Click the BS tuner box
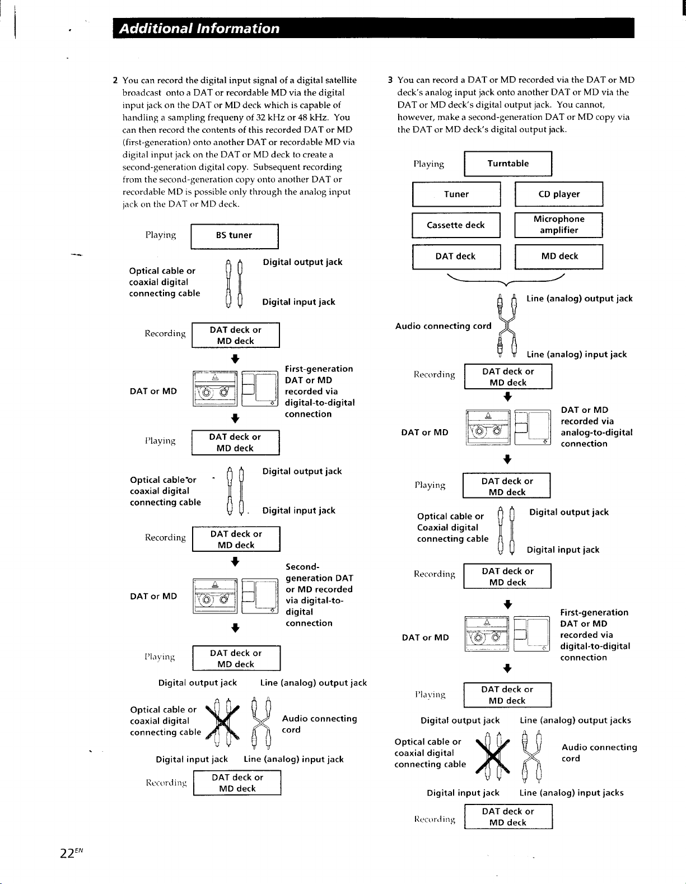click(x=235, y=236)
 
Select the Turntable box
click(x=508, y=164)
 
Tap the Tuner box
click(x=456, y=194)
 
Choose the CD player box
click(x=559, y=194)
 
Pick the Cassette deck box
click(x=456, y=225)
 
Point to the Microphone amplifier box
click(x=559, y=225)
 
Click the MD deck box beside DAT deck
click(x=559, y=256)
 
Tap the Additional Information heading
click(x=199, y=29)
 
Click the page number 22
click(x=67, y=853)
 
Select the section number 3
click(x=390, y=80)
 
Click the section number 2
click(x=115, y=80)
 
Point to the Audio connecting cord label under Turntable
click(x=443, y=326)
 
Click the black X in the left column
click(x=222, y=722)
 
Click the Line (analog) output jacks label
click(x=575, y=720)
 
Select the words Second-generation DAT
click(x=319, y=573)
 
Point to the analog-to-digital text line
click(x=596, y=432)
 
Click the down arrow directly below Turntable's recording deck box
click(x=507, y=397)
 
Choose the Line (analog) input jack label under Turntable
click(x=577, y=355)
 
